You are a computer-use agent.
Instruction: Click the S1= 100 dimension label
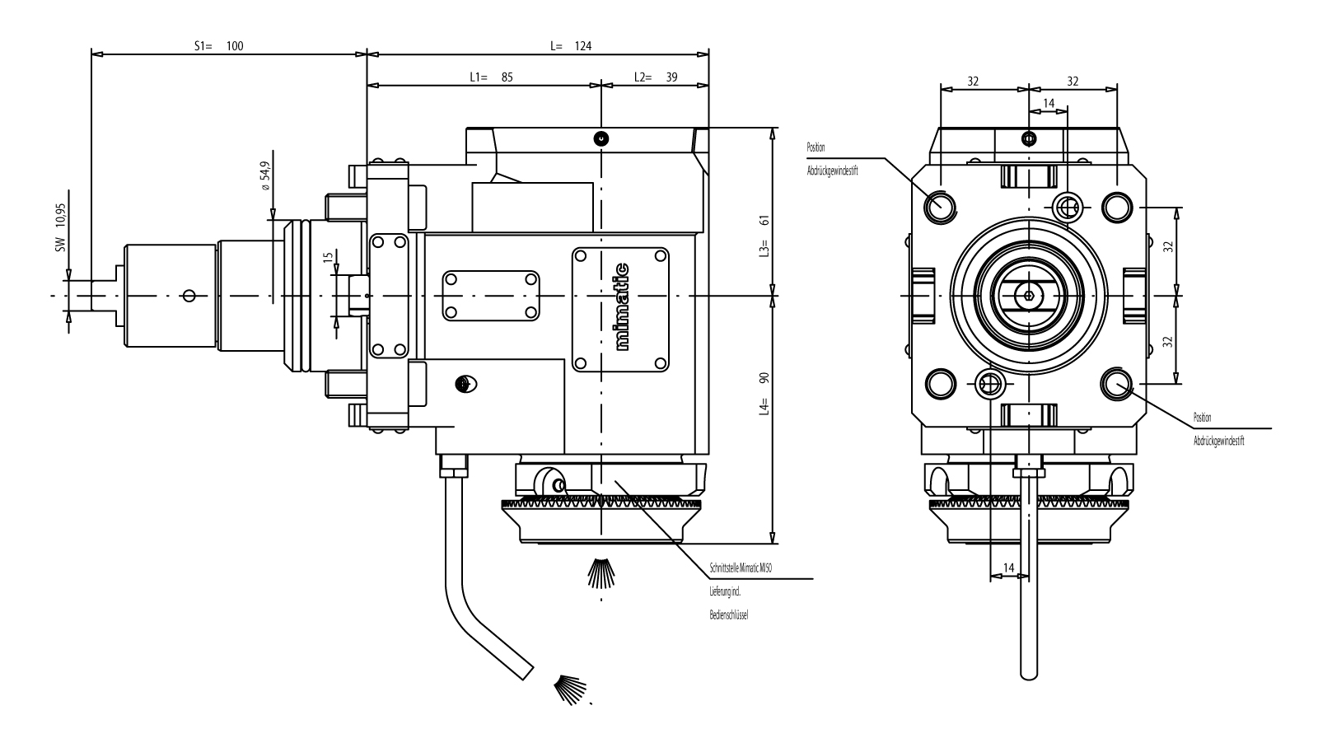219,46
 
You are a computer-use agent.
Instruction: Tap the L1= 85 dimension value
491,77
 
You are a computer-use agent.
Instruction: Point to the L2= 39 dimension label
656,77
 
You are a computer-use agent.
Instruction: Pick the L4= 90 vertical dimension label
764,391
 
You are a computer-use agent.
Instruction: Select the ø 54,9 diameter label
264,176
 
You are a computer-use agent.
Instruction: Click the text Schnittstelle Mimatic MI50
741,568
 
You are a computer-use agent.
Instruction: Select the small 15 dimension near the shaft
329,258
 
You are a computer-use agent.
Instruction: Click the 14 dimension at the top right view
1048,103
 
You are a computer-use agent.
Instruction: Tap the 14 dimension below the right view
1007,568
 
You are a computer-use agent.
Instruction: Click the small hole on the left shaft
189,295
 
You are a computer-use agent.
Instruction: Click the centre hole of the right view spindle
1028,295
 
